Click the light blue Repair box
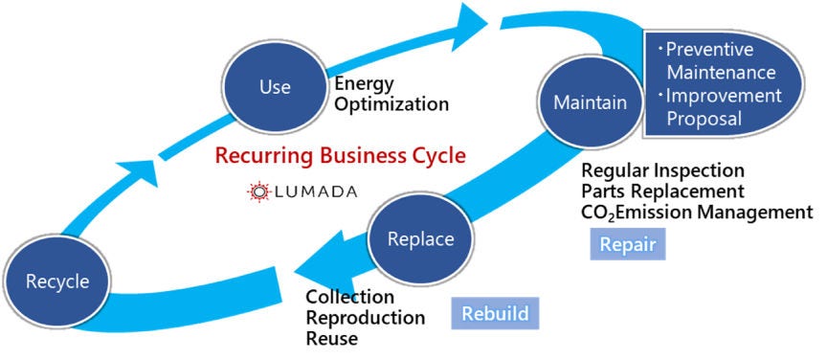pos(627,245)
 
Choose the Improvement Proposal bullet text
pos(721,106)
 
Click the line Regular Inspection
pos(662,170)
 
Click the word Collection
pos(349,297)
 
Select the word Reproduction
pos(365,317)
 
